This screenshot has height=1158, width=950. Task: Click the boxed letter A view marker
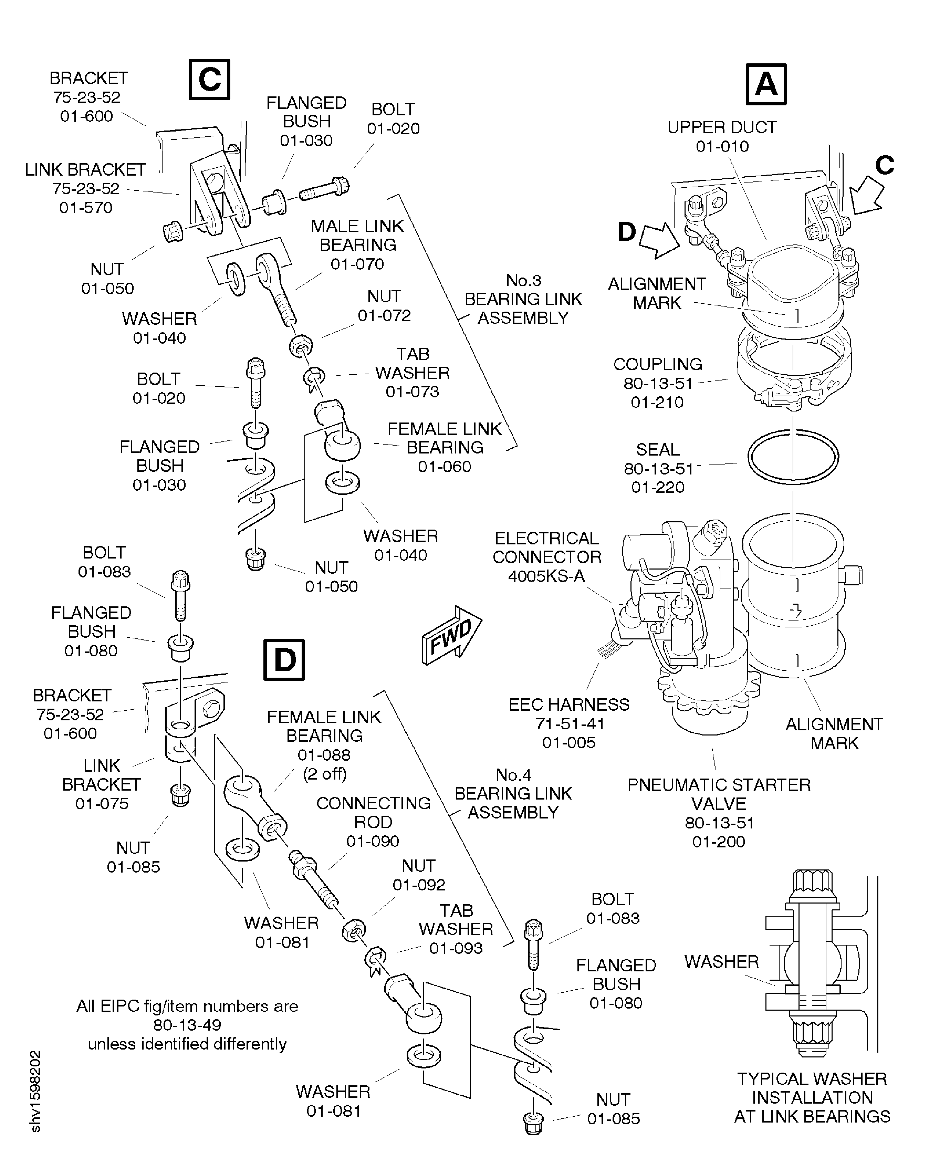coord(765,85)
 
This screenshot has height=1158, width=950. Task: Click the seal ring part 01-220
coord(793,456)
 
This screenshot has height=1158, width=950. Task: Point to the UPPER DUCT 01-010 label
coord(721,136)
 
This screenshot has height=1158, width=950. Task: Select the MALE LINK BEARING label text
coord(357,235)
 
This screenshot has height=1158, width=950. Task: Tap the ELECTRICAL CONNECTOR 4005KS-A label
coord(547,556)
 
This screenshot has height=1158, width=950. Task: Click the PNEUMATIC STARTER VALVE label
coord(719,794)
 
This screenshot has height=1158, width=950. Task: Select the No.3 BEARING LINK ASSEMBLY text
coord(523,299)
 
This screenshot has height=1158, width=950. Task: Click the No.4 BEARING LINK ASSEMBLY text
coord(513,794)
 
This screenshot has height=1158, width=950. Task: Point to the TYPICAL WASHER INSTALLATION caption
coord(812,1097)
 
